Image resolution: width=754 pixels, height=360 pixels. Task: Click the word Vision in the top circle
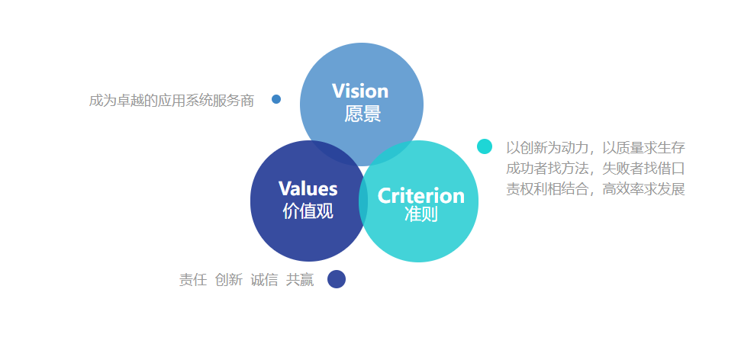pos(360,92)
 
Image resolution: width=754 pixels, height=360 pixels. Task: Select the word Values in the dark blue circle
pos(308,188)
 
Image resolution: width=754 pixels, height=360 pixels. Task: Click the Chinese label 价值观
pos(308,211)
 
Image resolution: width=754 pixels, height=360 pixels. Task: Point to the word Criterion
pos(421,196)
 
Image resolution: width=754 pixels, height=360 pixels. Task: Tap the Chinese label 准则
pos(420,215)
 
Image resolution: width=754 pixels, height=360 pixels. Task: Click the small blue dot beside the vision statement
pos(276,99)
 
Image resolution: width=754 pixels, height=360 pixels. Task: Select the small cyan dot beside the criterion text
pos(485,146)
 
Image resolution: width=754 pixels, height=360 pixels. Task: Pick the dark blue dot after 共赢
pos(337,279)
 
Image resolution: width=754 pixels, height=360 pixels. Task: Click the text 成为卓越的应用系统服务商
pos(171,100)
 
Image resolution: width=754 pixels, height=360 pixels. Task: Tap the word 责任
pos(193,280)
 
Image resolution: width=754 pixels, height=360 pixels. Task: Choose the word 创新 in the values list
pos(229,280)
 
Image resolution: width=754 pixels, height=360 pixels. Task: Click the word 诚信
pos(264,280)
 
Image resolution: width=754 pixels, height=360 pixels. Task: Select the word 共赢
pos(300,280)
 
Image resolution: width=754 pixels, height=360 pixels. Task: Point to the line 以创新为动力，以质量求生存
pos(595,146)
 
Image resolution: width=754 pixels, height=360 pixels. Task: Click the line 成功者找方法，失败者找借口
pos(595,168)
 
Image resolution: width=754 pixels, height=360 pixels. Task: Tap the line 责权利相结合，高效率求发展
pos(595,189)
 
